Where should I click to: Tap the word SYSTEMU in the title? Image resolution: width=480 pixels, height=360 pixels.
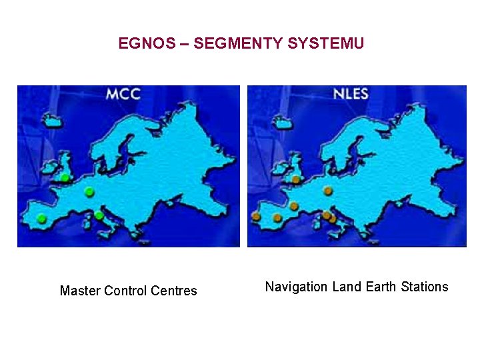point(326,44)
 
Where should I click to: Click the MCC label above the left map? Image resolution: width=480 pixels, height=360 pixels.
point(123,94)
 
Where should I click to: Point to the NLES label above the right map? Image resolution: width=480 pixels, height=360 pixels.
point(351,94)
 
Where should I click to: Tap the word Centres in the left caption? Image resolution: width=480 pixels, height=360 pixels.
point(174,291)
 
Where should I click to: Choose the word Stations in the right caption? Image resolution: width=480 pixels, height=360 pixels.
point(425,287)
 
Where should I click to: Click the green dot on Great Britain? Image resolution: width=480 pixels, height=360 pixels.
point(65,178)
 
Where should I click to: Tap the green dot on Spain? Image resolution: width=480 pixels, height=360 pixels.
point(41,218)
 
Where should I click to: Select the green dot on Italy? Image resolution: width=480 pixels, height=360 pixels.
point(99,215)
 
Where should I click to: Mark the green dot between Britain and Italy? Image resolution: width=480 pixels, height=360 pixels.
point(89,192)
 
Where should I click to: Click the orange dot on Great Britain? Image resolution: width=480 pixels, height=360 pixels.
point(295,179)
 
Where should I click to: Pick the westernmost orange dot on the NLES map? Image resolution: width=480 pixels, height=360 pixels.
point(256,216)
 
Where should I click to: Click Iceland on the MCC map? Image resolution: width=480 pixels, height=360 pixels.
point(51,121)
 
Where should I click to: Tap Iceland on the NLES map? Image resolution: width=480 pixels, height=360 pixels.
point(281,121)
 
